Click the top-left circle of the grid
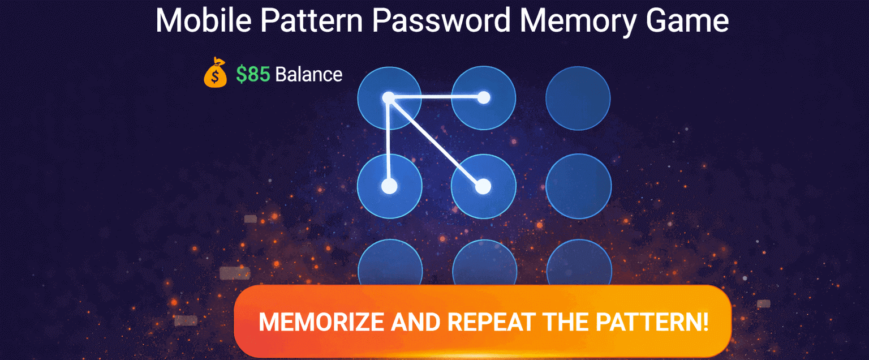tap(389, 98)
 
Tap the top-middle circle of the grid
tap(483, 98)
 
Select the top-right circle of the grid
tap(578, 98)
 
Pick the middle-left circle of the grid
tap(389, 186)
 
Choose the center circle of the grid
tap(483, 186)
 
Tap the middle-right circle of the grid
tap(578, 186)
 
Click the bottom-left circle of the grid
tap(390, 262)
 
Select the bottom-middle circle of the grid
tap(484, 262)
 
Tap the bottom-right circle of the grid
tap(579, 262)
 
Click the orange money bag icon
tap(216, 72)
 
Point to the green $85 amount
tap(253, 74)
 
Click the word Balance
tap(309, 75)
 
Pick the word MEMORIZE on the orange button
tap(321, 322)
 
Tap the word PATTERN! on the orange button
tap(652, 322)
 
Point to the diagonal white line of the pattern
tap(436, 143)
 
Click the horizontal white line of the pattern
tap(436, 97)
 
